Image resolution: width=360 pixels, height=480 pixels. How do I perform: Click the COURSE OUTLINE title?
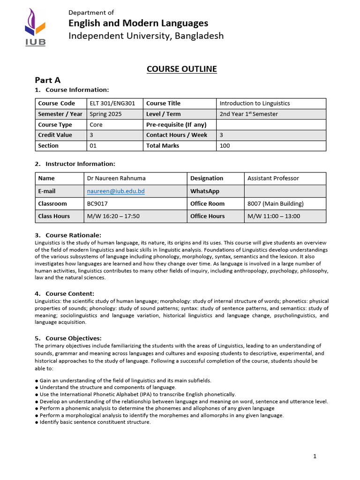point(181,69)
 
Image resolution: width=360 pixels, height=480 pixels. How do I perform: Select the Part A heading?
point(47,80)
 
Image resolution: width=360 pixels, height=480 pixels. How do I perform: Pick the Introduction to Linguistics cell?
point(255,104)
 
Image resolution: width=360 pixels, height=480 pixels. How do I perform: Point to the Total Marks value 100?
point(225,146)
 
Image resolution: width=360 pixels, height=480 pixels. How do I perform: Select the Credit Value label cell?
point(55,135)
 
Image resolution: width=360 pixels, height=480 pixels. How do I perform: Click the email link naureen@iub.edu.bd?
point(116,191)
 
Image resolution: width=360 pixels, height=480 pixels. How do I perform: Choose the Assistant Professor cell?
point(273,178)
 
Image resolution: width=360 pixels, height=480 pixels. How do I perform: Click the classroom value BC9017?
point(97,204)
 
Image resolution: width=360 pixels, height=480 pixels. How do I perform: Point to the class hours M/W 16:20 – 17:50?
point(113,216)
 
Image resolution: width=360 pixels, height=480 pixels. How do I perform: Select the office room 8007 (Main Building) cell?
point(276,204)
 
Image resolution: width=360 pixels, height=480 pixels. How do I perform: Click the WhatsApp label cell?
point(205,191)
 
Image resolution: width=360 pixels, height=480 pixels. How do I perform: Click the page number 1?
point(315,456)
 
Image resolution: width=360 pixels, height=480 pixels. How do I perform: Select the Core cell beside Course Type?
point(96,125)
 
